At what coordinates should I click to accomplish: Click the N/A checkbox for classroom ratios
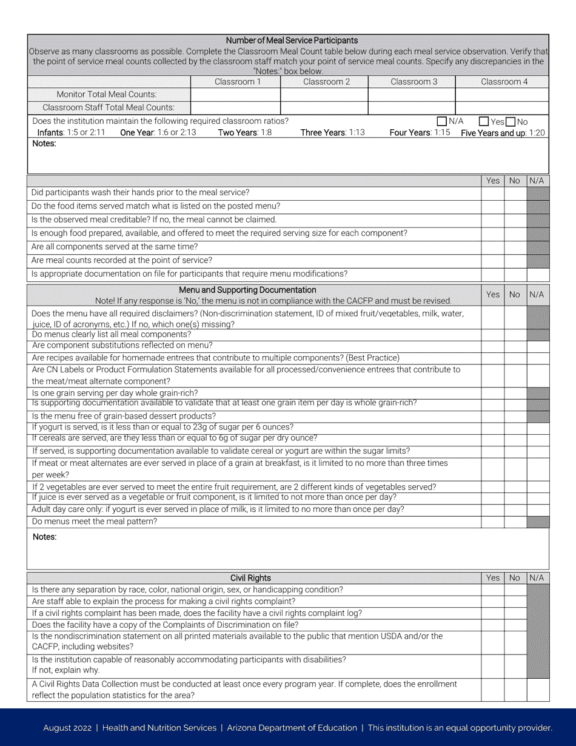point(442,121)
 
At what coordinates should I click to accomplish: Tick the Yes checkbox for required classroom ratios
point(484,121)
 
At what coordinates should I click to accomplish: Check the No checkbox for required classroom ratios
point(511,121)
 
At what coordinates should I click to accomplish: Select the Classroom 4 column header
point(504,82)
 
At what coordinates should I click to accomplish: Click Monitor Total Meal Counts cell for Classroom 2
point(324,95)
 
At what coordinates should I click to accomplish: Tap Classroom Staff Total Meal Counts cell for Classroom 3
point(412,108)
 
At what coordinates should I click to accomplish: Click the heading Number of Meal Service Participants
point(292,41)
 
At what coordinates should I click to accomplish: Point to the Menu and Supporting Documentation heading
point(247,290)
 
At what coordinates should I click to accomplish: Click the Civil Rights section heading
point(250,578)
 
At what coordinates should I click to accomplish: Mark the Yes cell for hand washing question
point(492,193)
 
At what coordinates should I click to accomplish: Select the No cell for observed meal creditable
point(515,220)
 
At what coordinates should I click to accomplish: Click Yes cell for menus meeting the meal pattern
point(492,522)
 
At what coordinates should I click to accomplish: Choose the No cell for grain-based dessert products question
point(515,416)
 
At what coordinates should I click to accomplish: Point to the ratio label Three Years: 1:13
point(333,133)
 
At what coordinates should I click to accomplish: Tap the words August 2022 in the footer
point(67,728)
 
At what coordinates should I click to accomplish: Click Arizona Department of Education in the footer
point(292,728)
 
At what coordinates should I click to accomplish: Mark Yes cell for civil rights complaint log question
point(492,613)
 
